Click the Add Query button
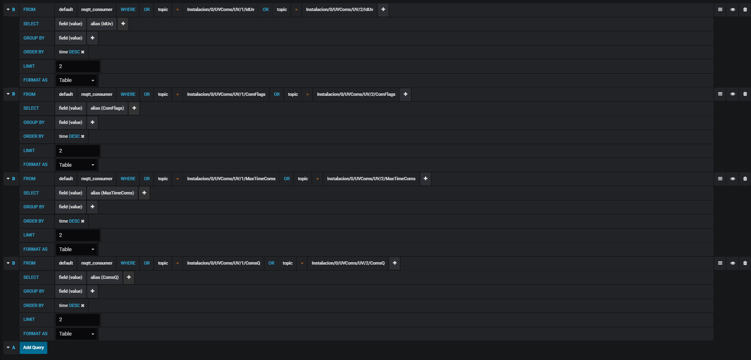click(x=33, y=348)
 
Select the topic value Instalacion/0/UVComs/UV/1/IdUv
click(x=221, y=10)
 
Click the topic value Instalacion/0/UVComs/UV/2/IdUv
click(x=340, y=10)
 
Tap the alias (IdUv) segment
click(x=102, y=24)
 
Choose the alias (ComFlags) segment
click(x=107, y=108)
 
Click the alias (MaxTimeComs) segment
click(x=112, y=193)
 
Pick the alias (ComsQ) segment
click(x=105, y=278)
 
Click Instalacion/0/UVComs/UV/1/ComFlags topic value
click(x=226, y=95)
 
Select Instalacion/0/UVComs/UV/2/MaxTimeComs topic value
click(x=371, y=179)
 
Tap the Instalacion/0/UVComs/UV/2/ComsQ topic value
click(x=348, y=263)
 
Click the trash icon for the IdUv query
click(x=745, y=10)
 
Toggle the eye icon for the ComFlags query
click(x=733, y=94)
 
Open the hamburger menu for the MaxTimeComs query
click(x=720, y=179)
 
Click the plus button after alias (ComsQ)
click(x=129, y=278)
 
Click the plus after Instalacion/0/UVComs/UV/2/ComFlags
click(x=406, y=95)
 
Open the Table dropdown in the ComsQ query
click(x=77, y=334)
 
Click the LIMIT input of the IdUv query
click(x=78, y=66)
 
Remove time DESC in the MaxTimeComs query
click(x=83, y=221)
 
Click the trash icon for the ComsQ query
click(x=745, y=263)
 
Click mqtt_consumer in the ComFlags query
click(x=97, y=95)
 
